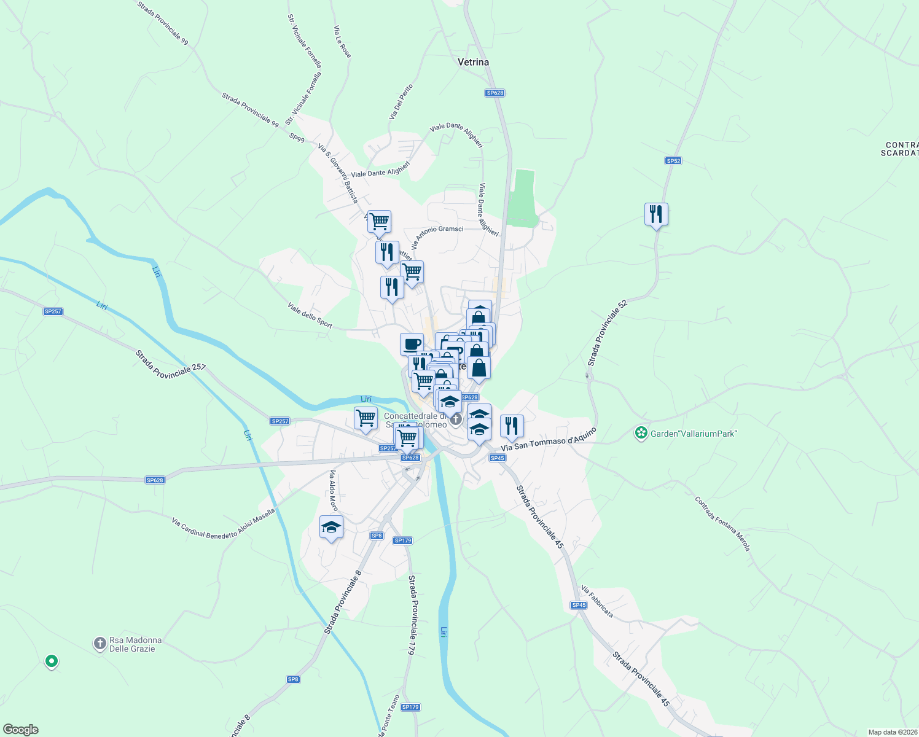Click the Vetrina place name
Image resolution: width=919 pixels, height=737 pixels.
(x=473, y=62)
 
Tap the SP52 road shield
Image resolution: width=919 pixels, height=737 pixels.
(x=673, y=161)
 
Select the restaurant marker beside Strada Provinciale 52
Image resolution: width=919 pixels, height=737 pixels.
(x=656, y=214)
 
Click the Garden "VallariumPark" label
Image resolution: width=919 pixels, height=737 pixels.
(x=694, y=434)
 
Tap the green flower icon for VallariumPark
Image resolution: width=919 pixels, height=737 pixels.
(x=641, y=434)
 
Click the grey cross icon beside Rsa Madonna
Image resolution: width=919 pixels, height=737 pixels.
(x=100, y=644)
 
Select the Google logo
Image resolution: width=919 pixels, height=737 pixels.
(x=20, y=730)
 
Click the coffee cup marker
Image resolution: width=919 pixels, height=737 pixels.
(x=412, y=344)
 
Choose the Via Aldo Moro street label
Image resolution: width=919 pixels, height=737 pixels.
(x=334, y=491)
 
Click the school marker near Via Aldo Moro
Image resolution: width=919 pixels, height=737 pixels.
(x=331, y=528)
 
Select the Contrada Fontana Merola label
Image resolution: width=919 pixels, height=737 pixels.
(x=722, y=524)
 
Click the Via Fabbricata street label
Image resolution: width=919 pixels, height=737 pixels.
(x=596, y=601)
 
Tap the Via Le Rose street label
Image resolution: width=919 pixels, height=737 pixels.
(x=342, y=42)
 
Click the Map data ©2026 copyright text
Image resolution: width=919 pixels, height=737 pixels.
(x=893, y=732)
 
